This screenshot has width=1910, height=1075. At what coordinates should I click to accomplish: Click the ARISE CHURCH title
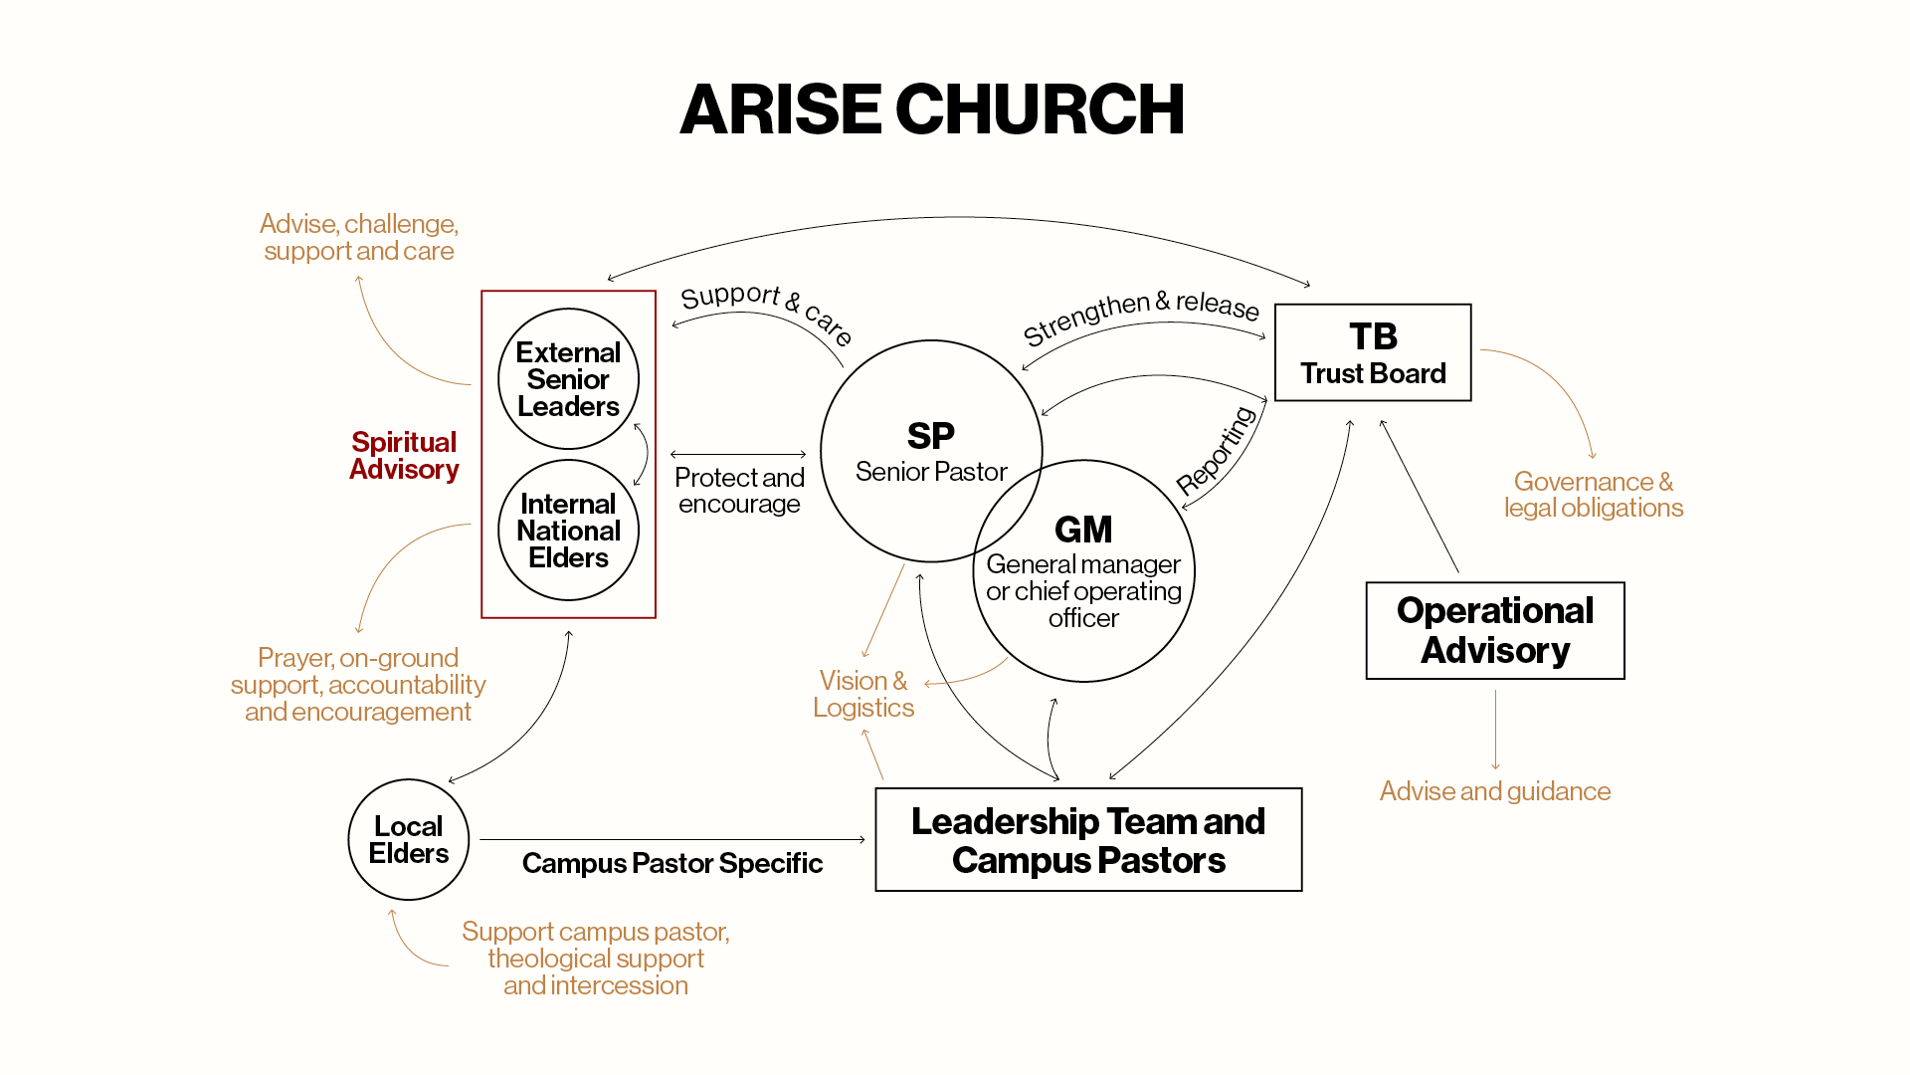tap(931, 109)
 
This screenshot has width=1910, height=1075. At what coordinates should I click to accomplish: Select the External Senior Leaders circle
tap(568, 379)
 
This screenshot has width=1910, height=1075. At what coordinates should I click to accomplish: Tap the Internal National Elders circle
tap(568, 531)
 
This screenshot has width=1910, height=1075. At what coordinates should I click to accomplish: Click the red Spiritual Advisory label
tap(404, 456)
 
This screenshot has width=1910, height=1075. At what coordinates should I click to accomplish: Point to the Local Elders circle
tap(408, 840)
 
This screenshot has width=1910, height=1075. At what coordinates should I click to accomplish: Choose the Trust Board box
tap(1373, 353)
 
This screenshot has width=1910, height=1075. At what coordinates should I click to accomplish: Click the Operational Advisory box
tap(1495, 630)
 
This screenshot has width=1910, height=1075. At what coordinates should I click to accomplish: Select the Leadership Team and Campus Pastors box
tap(1088, 840)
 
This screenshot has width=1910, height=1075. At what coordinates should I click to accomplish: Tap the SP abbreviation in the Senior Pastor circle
tap(930, 436)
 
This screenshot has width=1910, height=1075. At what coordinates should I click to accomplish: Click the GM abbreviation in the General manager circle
tap(1083, 530)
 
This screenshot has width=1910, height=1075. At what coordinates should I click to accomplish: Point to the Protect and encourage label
tap(739, 491)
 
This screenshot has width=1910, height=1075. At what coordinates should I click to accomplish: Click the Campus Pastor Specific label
tap(672, 863)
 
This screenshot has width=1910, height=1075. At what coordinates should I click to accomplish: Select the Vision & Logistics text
tap(862, 694)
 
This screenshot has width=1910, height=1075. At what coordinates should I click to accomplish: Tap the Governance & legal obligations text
tap(1593, 495)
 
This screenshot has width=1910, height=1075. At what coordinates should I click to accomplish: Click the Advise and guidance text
tap(1495, 791)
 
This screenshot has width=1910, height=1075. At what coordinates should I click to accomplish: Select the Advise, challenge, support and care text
tap(359, 237)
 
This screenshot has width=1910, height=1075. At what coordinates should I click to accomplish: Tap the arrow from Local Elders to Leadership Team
tap(672, 840)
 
